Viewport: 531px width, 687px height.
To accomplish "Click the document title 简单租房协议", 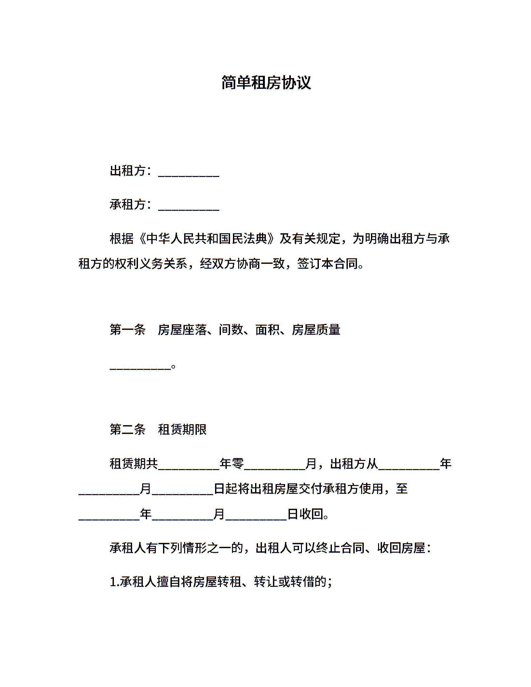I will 266,83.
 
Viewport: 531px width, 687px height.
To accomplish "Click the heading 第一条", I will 128,330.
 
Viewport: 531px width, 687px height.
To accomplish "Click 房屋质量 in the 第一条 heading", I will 316,330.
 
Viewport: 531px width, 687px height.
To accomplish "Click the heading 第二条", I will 128,430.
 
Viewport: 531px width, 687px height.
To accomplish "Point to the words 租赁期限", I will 182,430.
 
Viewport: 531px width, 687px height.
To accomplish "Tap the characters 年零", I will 232,464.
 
